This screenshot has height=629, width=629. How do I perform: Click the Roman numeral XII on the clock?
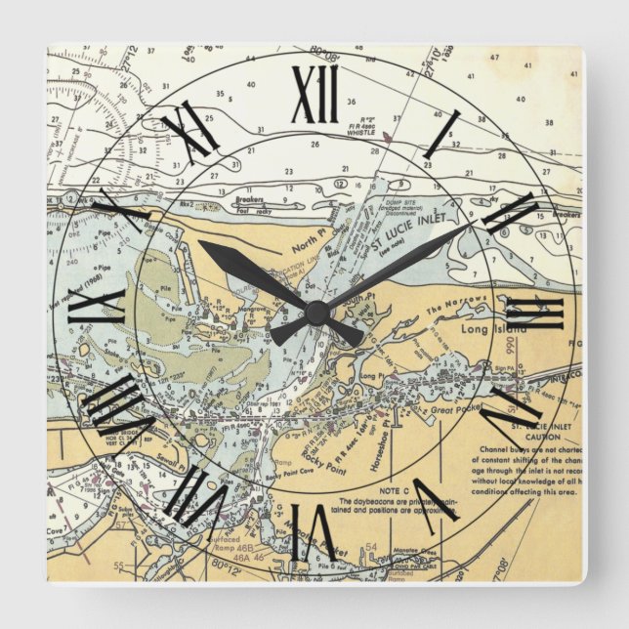point(314,95)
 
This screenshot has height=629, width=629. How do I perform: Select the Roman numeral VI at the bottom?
point(314,532)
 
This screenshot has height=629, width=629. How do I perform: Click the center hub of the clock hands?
point(315,313)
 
